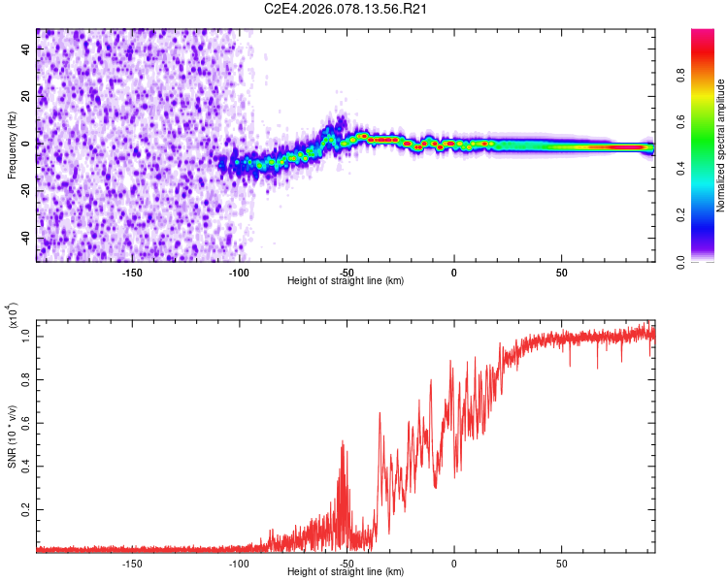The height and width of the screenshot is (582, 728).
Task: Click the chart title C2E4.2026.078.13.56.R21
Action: pyautogui.click(x=347, y=9)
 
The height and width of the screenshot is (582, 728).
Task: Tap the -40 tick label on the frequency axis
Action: pyautogui.click(x=26, y=238)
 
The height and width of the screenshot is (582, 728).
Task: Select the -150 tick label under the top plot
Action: pyautogui.click(x=133, y=272)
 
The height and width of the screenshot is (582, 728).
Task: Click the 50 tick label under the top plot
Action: pyautogui.click(x=561, y=272)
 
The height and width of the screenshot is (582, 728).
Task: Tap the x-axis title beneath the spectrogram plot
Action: pyautogui.click(x=346, y=281)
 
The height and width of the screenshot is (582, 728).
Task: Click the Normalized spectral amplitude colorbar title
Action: pyautogui.click(x=721, y=145)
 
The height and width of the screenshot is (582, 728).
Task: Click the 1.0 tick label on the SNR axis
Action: pyautogui.click(x=26, y=337)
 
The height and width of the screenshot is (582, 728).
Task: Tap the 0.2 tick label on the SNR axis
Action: pyautogui.click(x=26, y=508)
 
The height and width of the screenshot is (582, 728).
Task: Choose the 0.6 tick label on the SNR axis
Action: pyautogui.click(x=26, y=423)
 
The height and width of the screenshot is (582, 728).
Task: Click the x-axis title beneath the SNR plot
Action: pyautogui.click(x=346, y=572)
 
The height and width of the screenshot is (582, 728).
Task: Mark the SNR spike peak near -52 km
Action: pyautogui.click(x=342, y=441)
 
